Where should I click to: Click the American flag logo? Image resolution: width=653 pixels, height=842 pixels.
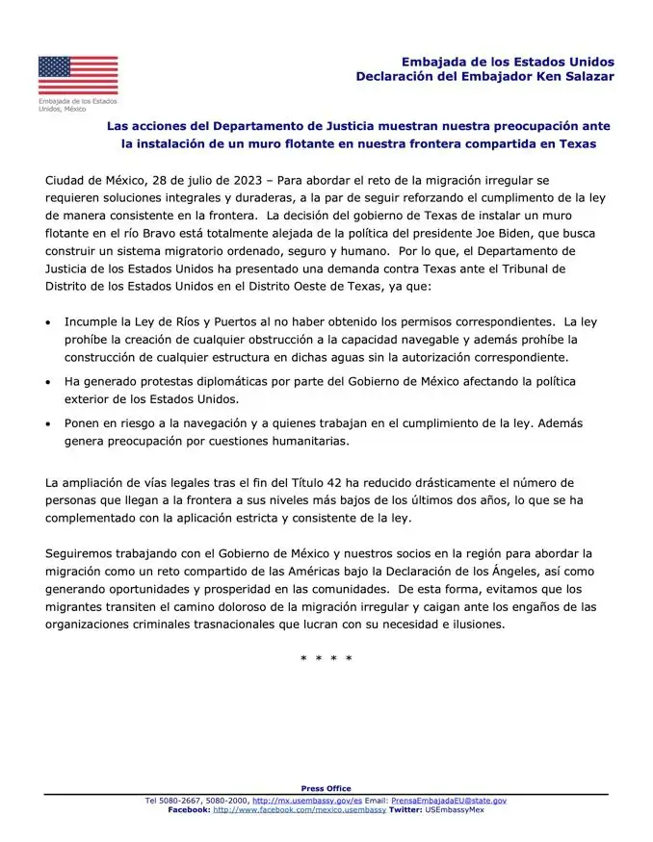(x=78, y=75)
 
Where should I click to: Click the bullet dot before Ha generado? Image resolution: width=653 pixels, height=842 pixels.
(x=48, y=383)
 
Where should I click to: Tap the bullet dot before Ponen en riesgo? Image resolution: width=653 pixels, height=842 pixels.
(x=48, y=424)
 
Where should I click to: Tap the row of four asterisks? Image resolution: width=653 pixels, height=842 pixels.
(x=326, y=659)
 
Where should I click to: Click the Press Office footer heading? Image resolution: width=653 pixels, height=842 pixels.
(x=326, y=789)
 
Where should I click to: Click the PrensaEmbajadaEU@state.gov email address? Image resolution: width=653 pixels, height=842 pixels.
(x=449, y=801)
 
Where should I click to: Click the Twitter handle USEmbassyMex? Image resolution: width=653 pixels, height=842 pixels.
(x=454, y=810)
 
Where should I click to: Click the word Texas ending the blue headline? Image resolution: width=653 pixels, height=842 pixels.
(x=575, y=143)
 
